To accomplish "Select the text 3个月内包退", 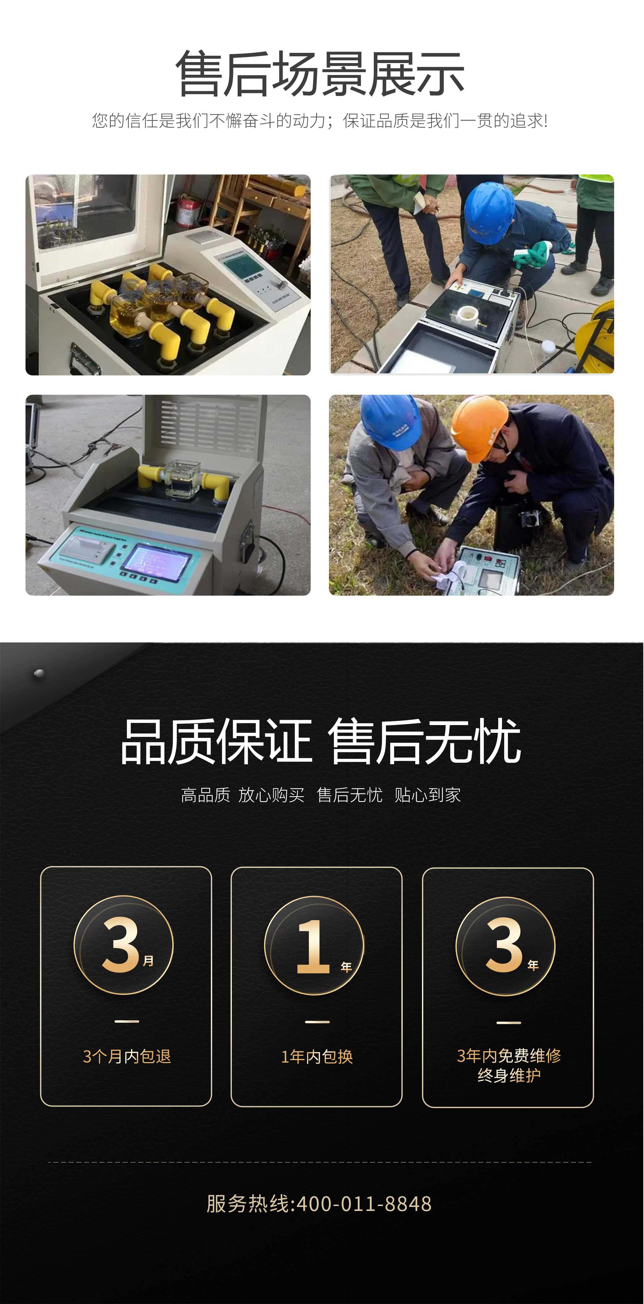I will (126, 1056).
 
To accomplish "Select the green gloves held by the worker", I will (531, 253).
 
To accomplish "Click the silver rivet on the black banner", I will (38, 673).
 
